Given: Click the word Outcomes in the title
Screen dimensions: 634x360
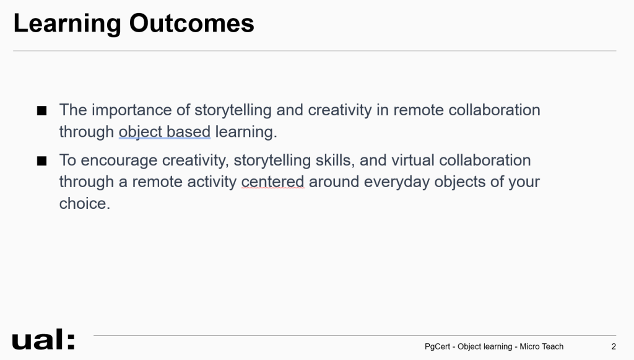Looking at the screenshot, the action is (192, 23).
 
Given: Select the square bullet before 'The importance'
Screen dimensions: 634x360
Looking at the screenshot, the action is (41, 110).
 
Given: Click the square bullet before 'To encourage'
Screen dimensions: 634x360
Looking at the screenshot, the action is (41, 160).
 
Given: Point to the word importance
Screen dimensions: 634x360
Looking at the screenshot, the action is (140, 110).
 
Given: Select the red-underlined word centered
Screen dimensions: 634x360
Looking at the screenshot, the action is (272, 182).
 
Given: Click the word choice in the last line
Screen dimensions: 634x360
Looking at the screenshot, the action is (84, 203).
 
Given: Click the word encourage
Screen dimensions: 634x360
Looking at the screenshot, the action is (119, 161).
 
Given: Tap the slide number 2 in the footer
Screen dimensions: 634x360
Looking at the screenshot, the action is (614, 346).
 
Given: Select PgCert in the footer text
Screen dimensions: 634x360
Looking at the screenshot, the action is (437, 346).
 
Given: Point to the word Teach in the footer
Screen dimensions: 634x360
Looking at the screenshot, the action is (553, 346).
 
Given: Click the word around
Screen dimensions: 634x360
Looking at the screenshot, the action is (334, 182).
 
